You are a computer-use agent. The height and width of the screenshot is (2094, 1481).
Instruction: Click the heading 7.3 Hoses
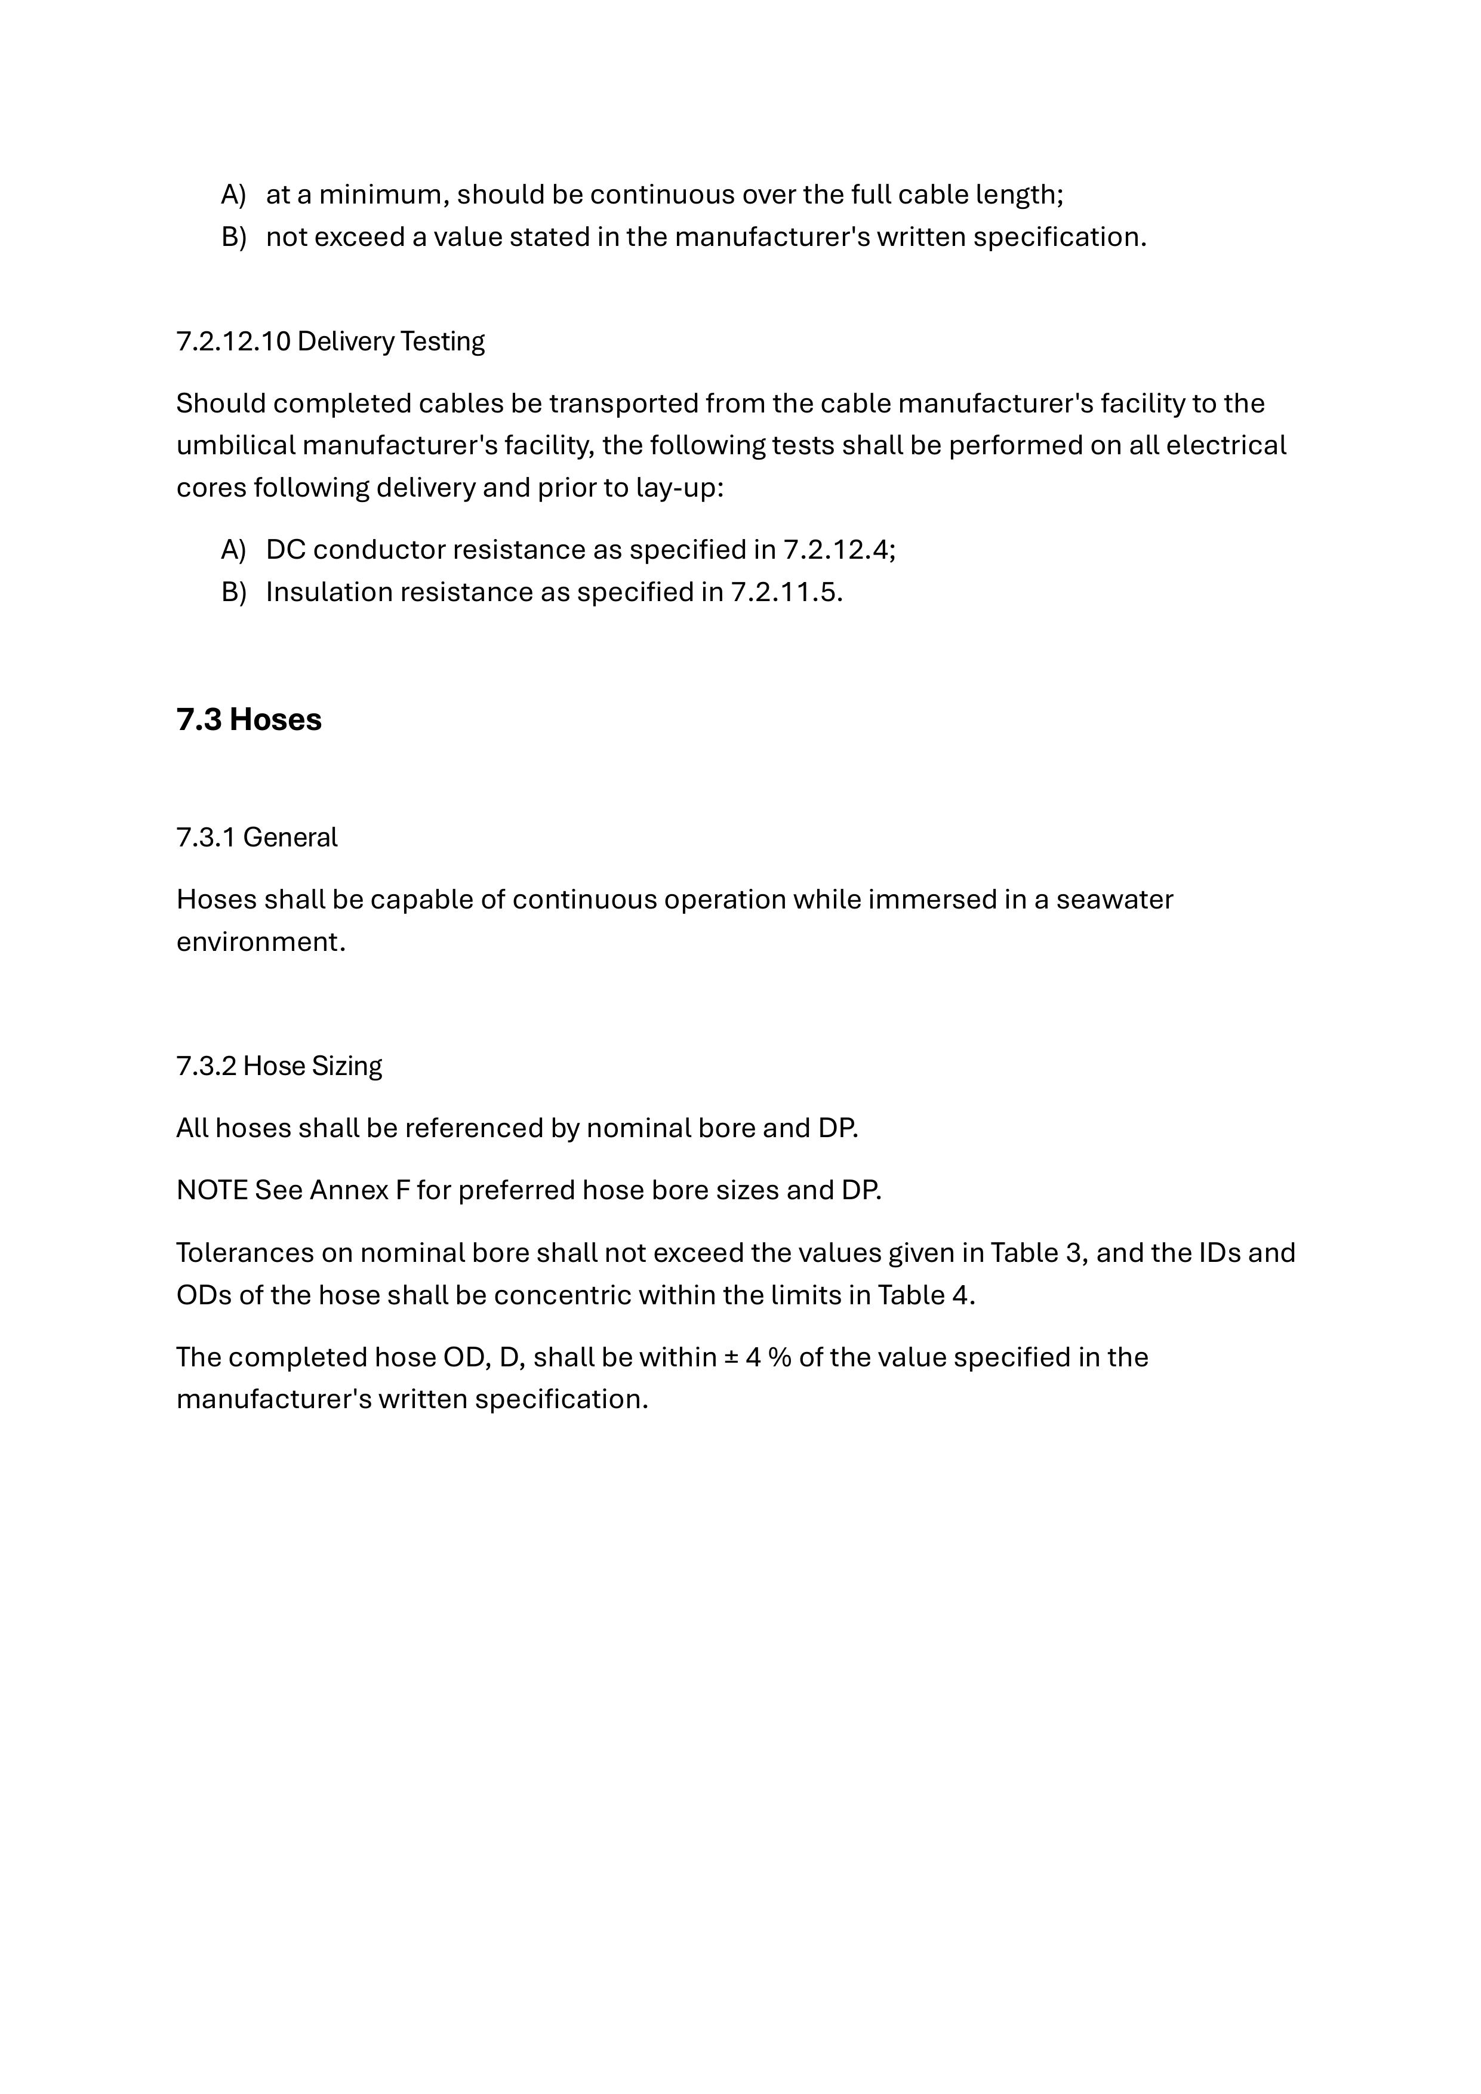[248, 719]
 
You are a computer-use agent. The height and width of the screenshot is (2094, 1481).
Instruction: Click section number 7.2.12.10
[233, 341]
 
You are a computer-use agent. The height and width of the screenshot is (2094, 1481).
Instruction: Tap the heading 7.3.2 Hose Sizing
[278, 1066]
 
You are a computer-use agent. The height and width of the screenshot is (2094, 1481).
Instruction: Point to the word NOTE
[211, 1191]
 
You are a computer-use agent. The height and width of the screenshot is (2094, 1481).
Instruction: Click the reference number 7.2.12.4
[838, 550]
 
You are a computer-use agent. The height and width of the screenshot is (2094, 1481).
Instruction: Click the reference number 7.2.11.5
[785, 593]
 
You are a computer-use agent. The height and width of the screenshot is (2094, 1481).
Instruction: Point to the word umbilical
[235, 446]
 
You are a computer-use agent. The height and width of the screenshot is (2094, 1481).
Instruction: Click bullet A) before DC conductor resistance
[233, 550]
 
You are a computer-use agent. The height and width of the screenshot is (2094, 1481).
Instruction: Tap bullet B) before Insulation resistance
[233, 593]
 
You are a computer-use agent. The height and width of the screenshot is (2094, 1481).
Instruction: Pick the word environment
[259, 942]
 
